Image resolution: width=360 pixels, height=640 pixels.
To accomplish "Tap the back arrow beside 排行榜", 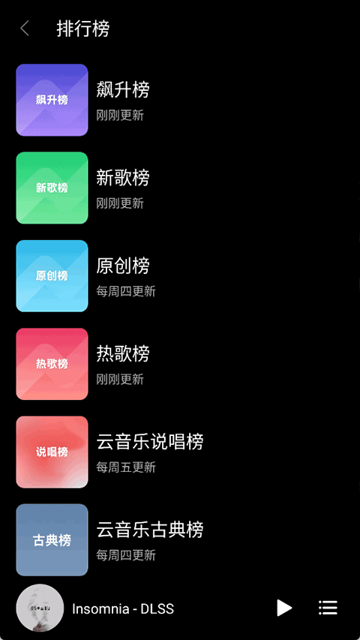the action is (25, 29).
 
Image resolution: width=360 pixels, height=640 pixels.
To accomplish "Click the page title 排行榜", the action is (82, 29).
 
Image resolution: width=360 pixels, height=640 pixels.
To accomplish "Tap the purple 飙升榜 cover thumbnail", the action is (52, 100).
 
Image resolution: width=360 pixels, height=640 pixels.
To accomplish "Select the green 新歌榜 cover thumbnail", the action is (52, 188).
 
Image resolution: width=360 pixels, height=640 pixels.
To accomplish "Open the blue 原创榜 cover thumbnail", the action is (52, 276).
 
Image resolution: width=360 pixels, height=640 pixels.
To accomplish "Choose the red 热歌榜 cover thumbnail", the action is (52, 364).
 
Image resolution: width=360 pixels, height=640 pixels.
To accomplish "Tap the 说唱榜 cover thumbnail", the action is (52, 452).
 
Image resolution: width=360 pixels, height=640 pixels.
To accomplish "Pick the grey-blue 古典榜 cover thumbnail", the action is (52, 540).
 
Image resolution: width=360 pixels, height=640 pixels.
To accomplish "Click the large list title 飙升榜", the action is (123, 89).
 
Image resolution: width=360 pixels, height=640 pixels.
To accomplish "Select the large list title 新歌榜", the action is (123, 178).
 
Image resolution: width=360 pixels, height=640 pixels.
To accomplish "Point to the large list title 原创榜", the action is (123, 266).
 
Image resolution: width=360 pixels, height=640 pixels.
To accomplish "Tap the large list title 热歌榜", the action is (123, 353).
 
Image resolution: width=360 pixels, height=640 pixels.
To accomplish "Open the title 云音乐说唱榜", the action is (150, 442).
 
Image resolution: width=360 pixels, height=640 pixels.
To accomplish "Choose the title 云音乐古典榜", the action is (150, 530).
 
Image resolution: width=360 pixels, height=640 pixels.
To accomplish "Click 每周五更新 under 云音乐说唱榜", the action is (126, 467).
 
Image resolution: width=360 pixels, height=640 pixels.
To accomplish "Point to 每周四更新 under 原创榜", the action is (126, 291).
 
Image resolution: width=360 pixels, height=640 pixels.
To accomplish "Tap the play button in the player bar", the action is (284, 608).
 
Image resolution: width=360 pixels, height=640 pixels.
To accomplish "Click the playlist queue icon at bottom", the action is (328, 608).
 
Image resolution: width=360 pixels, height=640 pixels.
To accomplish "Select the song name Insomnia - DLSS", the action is (123, 609).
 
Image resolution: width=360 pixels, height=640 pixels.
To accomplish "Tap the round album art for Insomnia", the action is (40, 608).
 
